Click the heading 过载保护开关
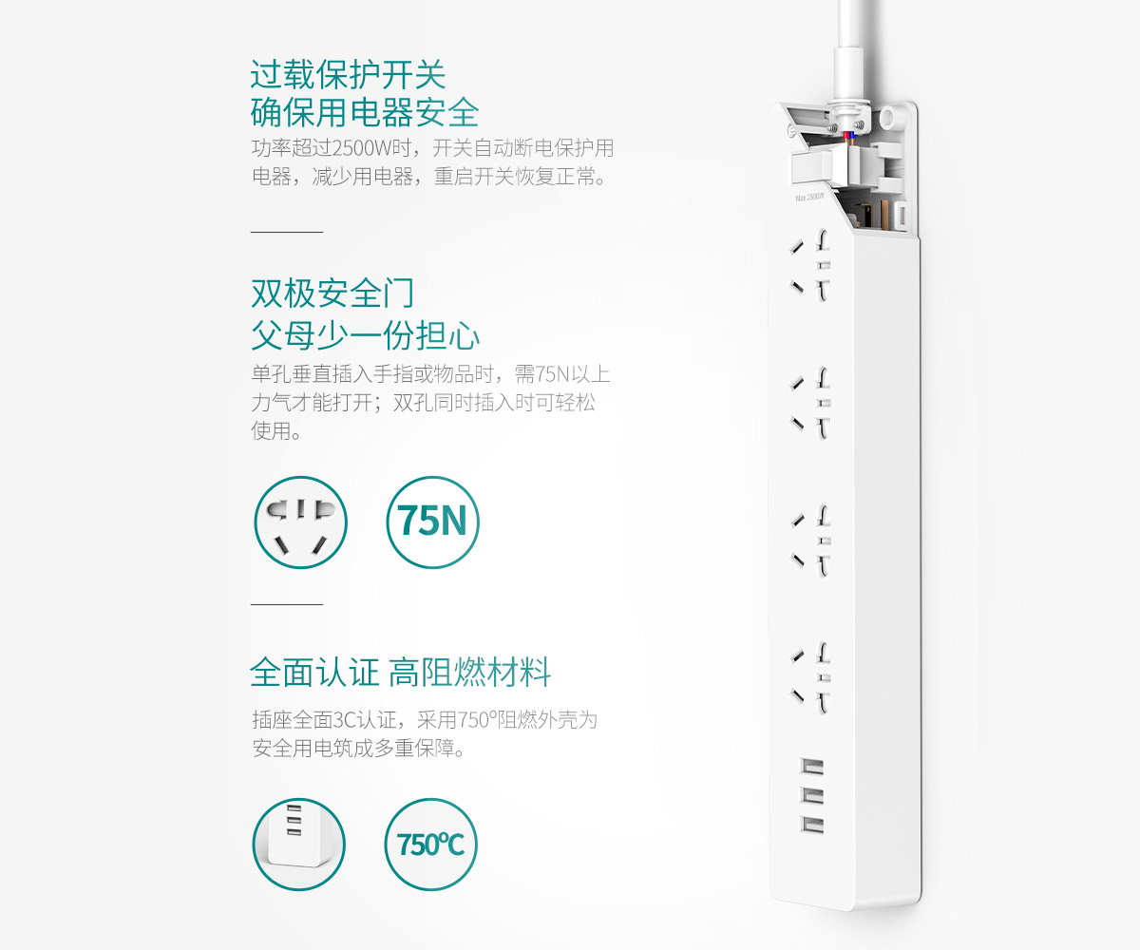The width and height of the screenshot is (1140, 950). [349, 74]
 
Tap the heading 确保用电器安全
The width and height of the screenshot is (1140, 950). [365, 112]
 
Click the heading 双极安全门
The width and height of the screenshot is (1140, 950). [332, 294]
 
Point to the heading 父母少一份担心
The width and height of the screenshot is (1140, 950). [365, 335]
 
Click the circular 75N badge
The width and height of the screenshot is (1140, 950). [432, 522]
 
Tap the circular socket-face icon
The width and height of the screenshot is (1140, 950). [300, 522]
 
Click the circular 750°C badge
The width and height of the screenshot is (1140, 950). [430, 845]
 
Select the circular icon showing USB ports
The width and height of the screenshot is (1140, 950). [298, 845]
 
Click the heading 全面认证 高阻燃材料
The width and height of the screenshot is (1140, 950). [400, 672]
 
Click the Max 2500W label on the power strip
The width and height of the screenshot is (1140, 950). [809, 197]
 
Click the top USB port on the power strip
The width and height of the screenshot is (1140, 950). [812, 767]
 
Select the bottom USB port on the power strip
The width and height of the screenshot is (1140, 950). [812, 825]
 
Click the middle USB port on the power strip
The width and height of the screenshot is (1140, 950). [812, 795]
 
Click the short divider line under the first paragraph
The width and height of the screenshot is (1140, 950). [287, 232]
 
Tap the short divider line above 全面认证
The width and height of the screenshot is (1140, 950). [287, 604]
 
